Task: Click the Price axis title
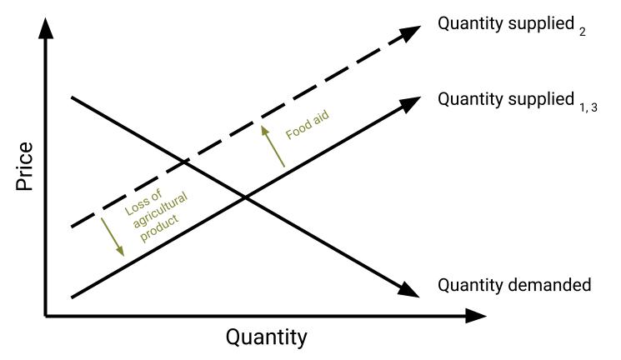pos(26,167)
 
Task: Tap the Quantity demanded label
pos(514,285)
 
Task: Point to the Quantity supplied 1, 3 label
pos(516,100)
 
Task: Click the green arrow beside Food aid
pos(273,145)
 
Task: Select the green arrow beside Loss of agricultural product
pos(113,235)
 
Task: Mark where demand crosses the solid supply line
pos(244,196)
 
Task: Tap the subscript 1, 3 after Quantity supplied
pos(589,105)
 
